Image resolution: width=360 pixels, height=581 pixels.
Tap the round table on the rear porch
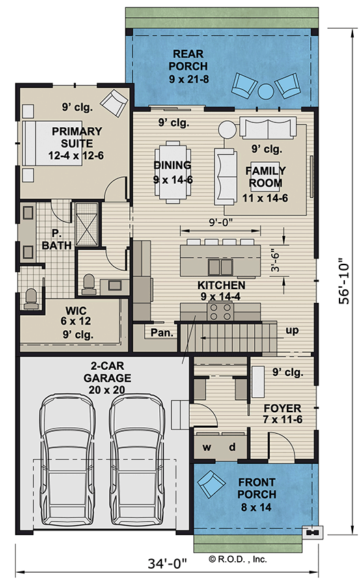pos(265,90)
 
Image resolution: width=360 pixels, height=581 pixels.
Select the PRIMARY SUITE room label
pos(77,137)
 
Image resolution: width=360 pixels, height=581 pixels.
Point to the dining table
pos(172,171)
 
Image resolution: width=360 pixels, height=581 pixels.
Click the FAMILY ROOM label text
pos(265,177)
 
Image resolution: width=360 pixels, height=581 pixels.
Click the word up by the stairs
pos(292,332)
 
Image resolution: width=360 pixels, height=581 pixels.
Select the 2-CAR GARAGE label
pos(102,377)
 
